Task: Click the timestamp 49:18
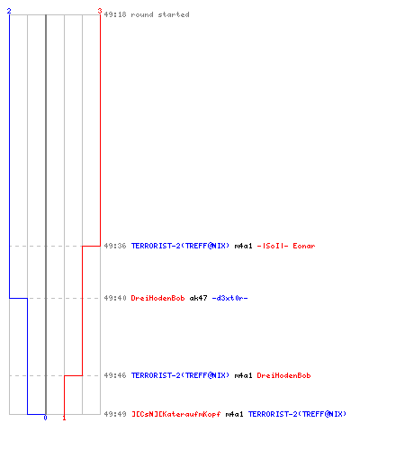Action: point(115,14)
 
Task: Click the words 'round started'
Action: point(160,14)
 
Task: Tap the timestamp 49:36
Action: point(115,246)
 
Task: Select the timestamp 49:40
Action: point(115,298)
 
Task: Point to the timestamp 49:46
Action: point(115,375)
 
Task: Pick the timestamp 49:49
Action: point(115,414)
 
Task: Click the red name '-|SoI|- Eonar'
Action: point(286,246)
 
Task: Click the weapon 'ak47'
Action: point(198,298)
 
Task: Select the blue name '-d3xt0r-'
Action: point(229,298)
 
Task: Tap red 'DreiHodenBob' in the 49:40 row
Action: point(157,298)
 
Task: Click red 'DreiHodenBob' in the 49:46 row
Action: point(283,375)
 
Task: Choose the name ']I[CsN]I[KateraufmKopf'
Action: point(176,414)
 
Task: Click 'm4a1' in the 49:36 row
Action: point(243,246)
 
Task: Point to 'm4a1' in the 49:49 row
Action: point(234,414)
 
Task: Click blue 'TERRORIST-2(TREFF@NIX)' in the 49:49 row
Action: point(297,414)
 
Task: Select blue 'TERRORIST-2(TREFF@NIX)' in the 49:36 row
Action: point(180,246)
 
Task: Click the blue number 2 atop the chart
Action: point(9,11)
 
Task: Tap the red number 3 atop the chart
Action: point(100,11)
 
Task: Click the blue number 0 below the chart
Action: point(45,418)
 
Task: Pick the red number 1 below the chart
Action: point(64,418)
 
